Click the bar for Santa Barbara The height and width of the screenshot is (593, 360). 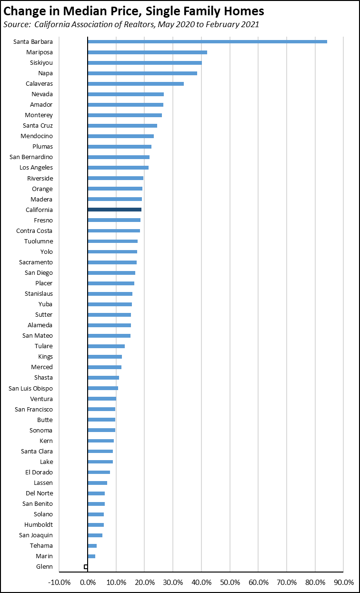point(207,42)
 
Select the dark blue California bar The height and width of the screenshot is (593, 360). point(114,210)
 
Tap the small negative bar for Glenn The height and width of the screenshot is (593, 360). point(86,567)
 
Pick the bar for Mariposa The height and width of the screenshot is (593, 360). point(147,52)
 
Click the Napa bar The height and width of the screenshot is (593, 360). point(142,73)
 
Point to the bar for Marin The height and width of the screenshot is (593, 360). point(91,556)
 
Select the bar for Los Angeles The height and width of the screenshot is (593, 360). point(118,168)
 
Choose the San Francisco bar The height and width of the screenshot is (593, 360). point(101,409)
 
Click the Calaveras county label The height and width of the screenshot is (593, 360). point(39,84)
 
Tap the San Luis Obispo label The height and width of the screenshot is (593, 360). point(30,388)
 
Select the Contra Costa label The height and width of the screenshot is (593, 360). point(35,231)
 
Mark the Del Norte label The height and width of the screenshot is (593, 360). point(39,493)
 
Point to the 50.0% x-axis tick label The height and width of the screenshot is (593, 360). point(230,583)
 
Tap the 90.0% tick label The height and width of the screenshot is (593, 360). point(343,583)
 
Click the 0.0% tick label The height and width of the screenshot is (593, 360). point(88,583)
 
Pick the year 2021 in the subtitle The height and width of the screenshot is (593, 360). point(250,24)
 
